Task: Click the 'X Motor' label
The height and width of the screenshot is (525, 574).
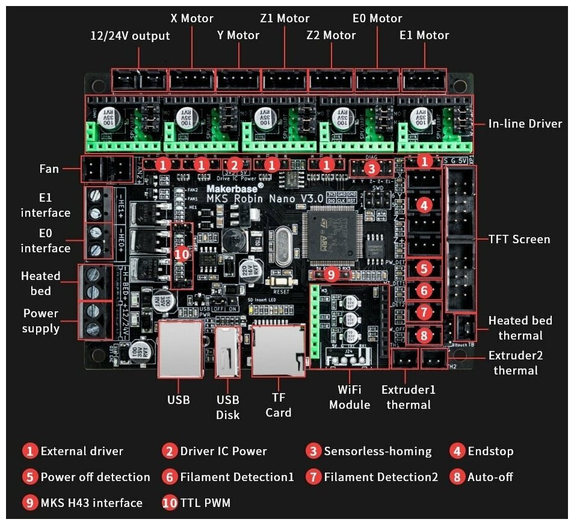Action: click(x=191, y=19)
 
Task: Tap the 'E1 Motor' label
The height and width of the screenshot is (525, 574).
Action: click(x=424, y=36)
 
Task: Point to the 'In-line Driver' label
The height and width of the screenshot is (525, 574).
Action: click(x=525, y=124)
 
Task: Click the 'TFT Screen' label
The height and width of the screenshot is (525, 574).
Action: click(x=519, y=239)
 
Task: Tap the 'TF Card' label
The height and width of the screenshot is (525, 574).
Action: click(x=279, y=405)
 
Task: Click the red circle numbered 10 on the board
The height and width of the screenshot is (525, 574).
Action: click(x=182, y=254)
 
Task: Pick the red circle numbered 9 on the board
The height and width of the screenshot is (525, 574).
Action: click(x=331, y=275)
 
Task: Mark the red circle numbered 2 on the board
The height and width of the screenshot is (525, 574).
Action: click(x=235, y=164)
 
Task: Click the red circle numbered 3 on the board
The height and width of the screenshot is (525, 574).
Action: click(x=372, y=168)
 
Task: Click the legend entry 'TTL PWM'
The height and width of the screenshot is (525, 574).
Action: click(x=205, y=503)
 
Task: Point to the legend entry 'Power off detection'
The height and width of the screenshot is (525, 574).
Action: click(x=95, y=477)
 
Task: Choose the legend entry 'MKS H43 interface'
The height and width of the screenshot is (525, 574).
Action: click(x=91, y=503)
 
